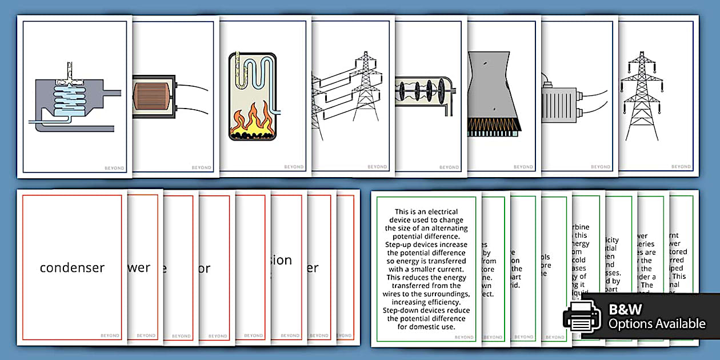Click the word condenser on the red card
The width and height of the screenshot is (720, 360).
coord(72,267)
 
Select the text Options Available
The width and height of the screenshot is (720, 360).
coord(657,324)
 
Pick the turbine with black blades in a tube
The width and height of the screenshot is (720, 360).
coord(423,91)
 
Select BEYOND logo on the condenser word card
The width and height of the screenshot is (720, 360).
coord(110,335)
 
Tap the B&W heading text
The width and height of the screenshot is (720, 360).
coord(625,310)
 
